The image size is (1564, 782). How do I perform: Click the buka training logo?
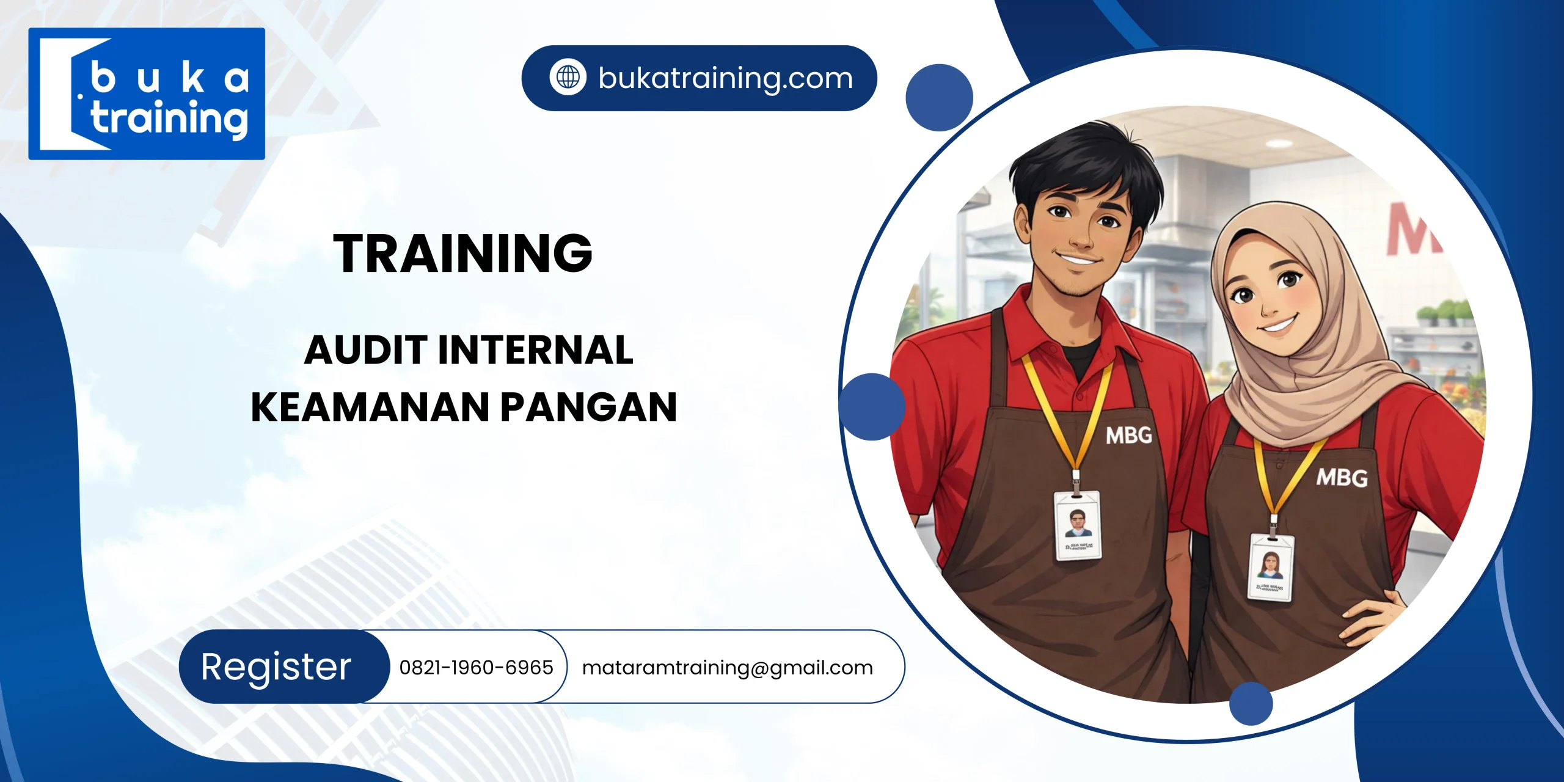tap(147, 93)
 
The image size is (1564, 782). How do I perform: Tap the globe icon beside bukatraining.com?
tap(568, 78)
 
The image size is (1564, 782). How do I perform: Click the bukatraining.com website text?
tap(725, 78)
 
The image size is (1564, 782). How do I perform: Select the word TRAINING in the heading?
tap(462, 254)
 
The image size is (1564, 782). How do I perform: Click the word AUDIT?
tap(365, 350)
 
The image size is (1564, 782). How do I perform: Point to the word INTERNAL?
tap(535, 350)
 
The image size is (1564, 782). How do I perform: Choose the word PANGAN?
tap(589, 407)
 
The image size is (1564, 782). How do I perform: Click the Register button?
tap(277, 667)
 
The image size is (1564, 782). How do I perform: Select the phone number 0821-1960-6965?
tap(476, 667)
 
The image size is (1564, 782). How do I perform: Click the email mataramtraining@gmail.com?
tap(727, 667)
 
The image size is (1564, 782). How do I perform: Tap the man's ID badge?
tap(1078, 525)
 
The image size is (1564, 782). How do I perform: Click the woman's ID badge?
tap(1271, 567)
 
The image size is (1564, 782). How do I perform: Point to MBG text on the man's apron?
tap(1129, 436)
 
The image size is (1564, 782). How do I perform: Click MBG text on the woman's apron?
tap(1342, 478)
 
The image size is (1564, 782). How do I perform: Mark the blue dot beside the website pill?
tap(939, 98)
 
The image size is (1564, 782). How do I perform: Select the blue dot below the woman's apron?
tap(1251, 704)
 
